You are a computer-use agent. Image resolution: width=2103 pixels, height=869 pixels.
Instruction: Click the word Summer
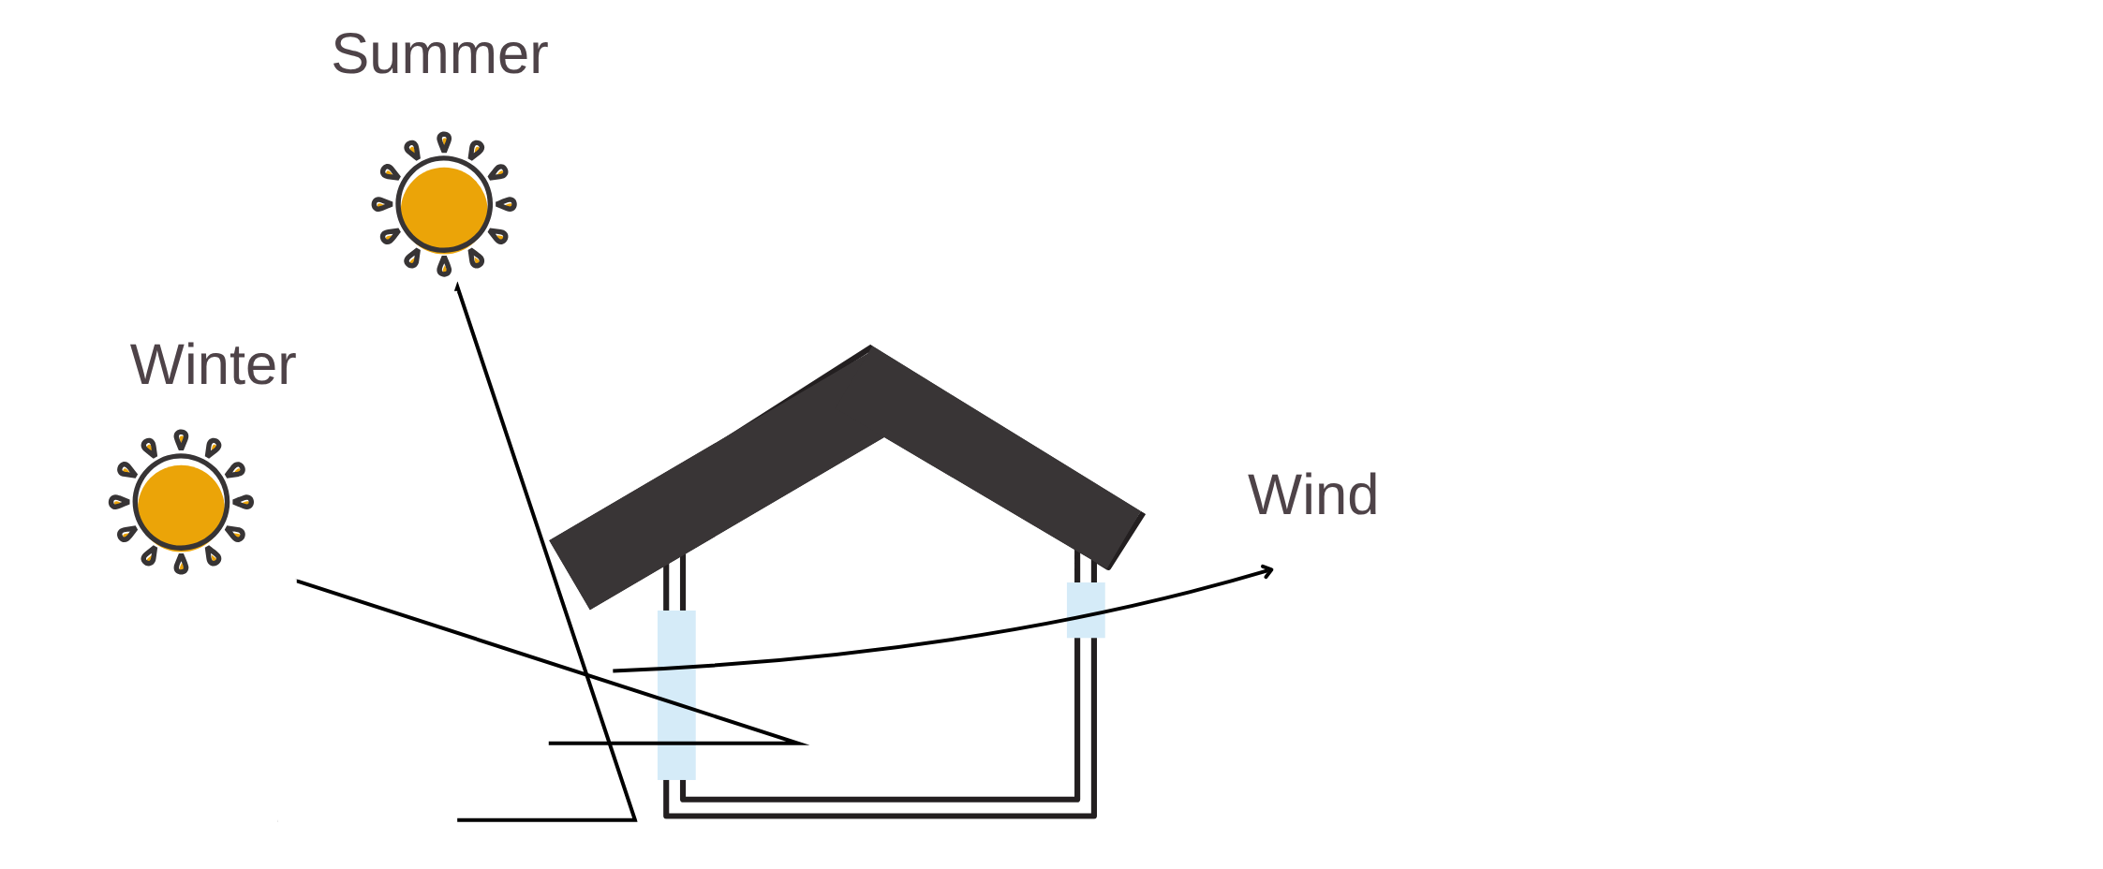[439, 54]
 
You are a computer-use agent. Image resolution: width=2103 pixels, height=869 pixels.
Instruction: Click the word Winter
[213, 364]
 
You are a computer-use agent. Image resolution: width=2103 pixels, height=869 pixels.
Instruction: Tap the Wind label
[1312, 494]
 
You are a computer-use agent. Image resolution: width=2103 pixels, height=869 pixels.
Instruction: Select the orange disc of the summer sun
[444, 205]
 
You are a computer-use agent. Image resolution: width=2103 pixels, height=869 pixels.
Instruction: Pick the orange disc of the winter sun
[181, 503]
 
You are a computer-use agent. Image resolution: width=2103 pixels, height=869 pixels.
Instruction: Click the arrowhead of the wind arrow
[1269, 569]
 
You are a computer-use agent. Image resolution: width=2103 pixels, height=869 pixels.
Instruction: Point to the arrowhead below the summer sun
[457, 287]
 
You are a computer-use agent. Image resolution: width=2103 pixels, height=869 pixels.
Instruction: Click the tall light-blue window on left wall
[676, 694]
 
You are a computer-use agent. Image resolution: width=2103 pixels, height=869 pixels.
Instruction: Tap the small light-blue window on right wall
[1086, 610]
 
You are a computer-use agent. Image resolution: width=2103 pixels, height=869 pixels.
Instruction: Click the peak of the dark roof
[871, 351]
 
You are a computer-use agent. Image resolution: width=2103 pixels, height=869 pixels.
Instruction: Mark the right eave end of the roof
[1126, 540]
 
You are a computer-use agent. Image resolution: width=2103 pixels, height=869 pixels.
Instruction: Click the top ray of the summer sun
[444, 141]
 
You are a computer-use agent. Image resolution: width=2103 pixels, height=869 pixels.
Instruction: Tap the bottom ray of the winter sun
[181, 565]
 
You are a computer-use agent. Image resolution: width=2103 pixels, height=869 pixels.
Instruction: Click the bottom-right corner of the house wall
[1093, 815]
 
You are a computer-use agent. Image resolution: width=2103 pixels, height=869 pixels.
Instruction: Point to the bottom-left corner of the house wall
[666, 815]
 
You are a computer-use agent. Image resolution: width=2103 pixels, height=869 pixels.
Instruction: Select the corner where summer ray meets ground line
[635, 819]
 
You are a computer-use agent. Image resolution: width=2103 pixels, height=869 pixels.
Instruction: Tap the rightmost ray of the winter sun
[244, 503]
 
